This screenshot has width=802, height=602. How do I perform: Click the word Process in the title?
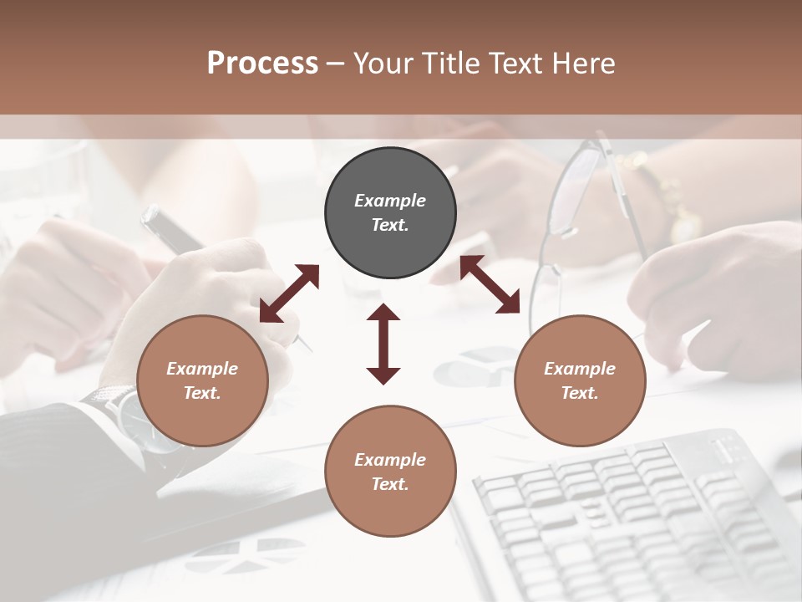click(262, 64)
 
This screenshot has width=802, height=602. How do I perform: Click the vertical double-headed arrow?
click(383, 344)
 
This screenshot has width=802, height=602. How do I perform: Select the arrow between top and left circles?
click(289, 293)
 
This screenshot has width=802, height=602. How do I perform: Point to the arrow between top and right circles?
click(490, 285)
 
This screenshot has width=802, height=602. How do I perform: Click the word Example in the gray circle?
click(390, 201)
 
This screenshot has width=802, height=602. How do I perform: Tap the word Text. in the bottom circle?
click(390, 484)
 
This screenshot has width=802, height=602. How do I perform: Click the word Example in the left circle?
click(202, 369)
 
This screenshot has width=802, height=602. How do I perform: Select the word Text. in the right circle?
click(580, 393)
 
